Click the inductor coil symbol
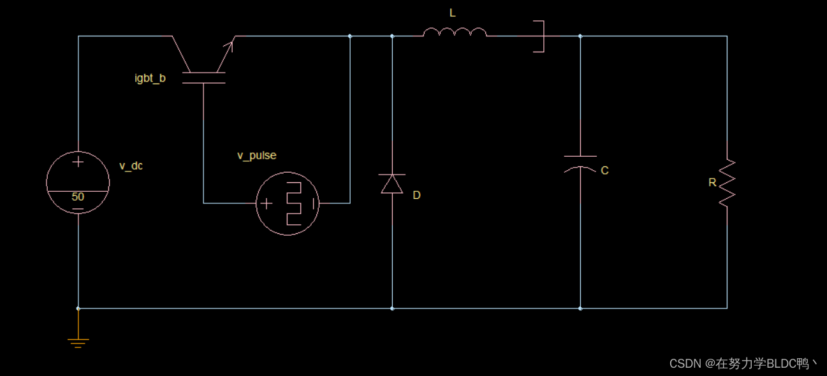(455, 32)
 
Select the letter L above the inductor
(453, 13)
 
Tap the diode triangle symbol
(392, 184)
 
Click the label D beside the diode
(416, 195)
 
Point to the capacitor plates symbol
(580, 163)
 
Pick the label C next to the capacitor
(604, 171)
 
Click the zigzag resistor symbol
(727, 183)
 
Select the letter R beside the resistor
(712, 183)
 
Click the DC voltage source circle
(78, 183)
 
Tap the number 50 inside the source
(78, 197)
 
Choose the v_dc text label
(131, 166)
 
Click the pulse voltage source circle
(287, 203)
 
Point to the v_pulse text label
(257, 155)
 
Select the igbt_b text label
(150, 78)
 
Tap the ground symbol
(78, 342)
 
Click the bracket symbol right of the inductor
(540, 36)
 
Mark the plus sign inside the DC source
(78, 162)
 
